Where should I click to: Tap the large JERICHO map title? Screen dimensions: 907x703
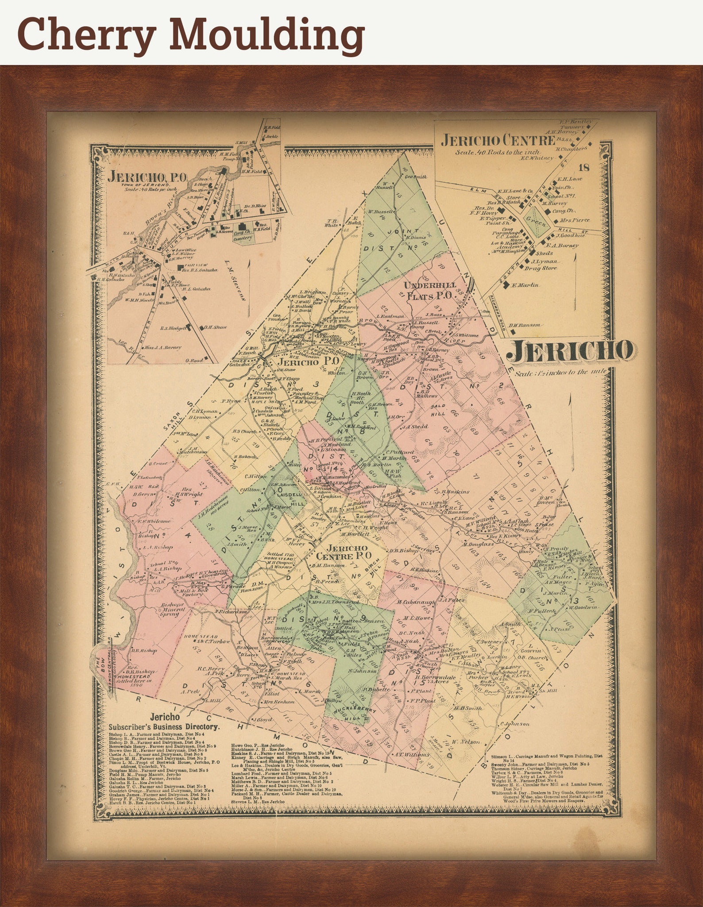coord(569,351)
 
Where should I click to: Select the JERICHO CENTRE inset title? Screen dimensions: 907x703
coord(498,141)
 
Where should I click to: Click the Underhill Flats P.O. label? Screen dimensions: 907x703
coord(427,290)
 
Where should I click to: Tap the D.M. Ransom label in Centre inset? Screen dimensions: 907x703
coord(524,325)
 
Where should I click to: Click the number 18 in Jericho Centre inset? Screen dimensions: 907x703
coord(584,167)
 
